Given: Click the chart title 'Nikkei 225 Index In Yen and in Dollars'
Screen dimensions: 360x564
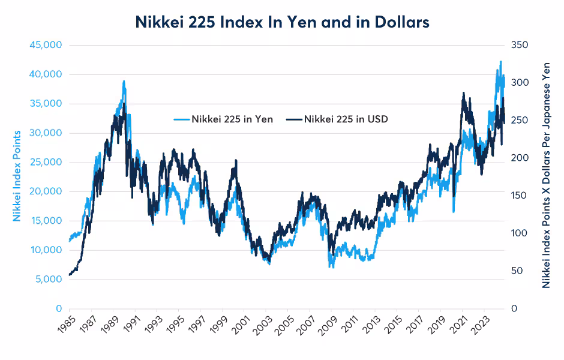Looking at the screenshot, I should pyautogui.click(x=282, y=22).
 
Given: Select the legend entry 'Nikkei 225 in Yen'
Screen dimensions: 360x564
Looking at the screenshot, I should pyautogui.click(x=232, y=119).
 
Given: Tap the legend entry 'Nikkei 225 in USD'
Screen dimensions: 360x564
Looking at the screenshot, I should pyautogui.click(x=346, y=119).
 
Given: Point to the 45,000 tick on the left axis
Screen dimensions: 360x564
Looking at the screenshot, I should pyautogui.click(x=46, y=45).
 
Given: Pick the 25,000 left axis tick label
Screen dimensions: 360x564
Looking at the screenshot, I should pyautogui.click(x=46, y=162).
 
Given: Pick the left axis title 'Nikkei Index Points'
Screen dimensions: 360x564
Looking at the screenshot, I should pyautogui.click(x=17, y=175).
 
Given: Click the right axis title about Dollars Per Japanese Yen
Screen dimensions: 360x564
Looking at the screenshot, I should pyautogui.click(x=546, y=175).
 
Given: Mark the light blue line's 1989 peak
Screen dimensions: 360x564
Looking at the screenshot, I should pyautogui.click(x=124, y=82).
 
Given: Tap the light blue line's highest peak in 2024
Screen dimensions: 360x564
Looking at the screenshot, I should pyautogui.click(x=500, y=61).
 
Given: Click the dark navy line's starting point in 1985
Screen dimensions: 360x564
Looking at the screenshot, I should pyautogui.click(x=70, y=275).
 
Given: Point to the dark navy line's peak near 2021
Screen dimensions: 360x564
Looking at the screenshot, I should pyautogui.click(x=463, y=94).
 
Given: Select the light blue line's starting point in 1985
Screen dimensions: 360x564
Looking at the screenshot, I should pyautogui.click(x=70, y=241).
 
